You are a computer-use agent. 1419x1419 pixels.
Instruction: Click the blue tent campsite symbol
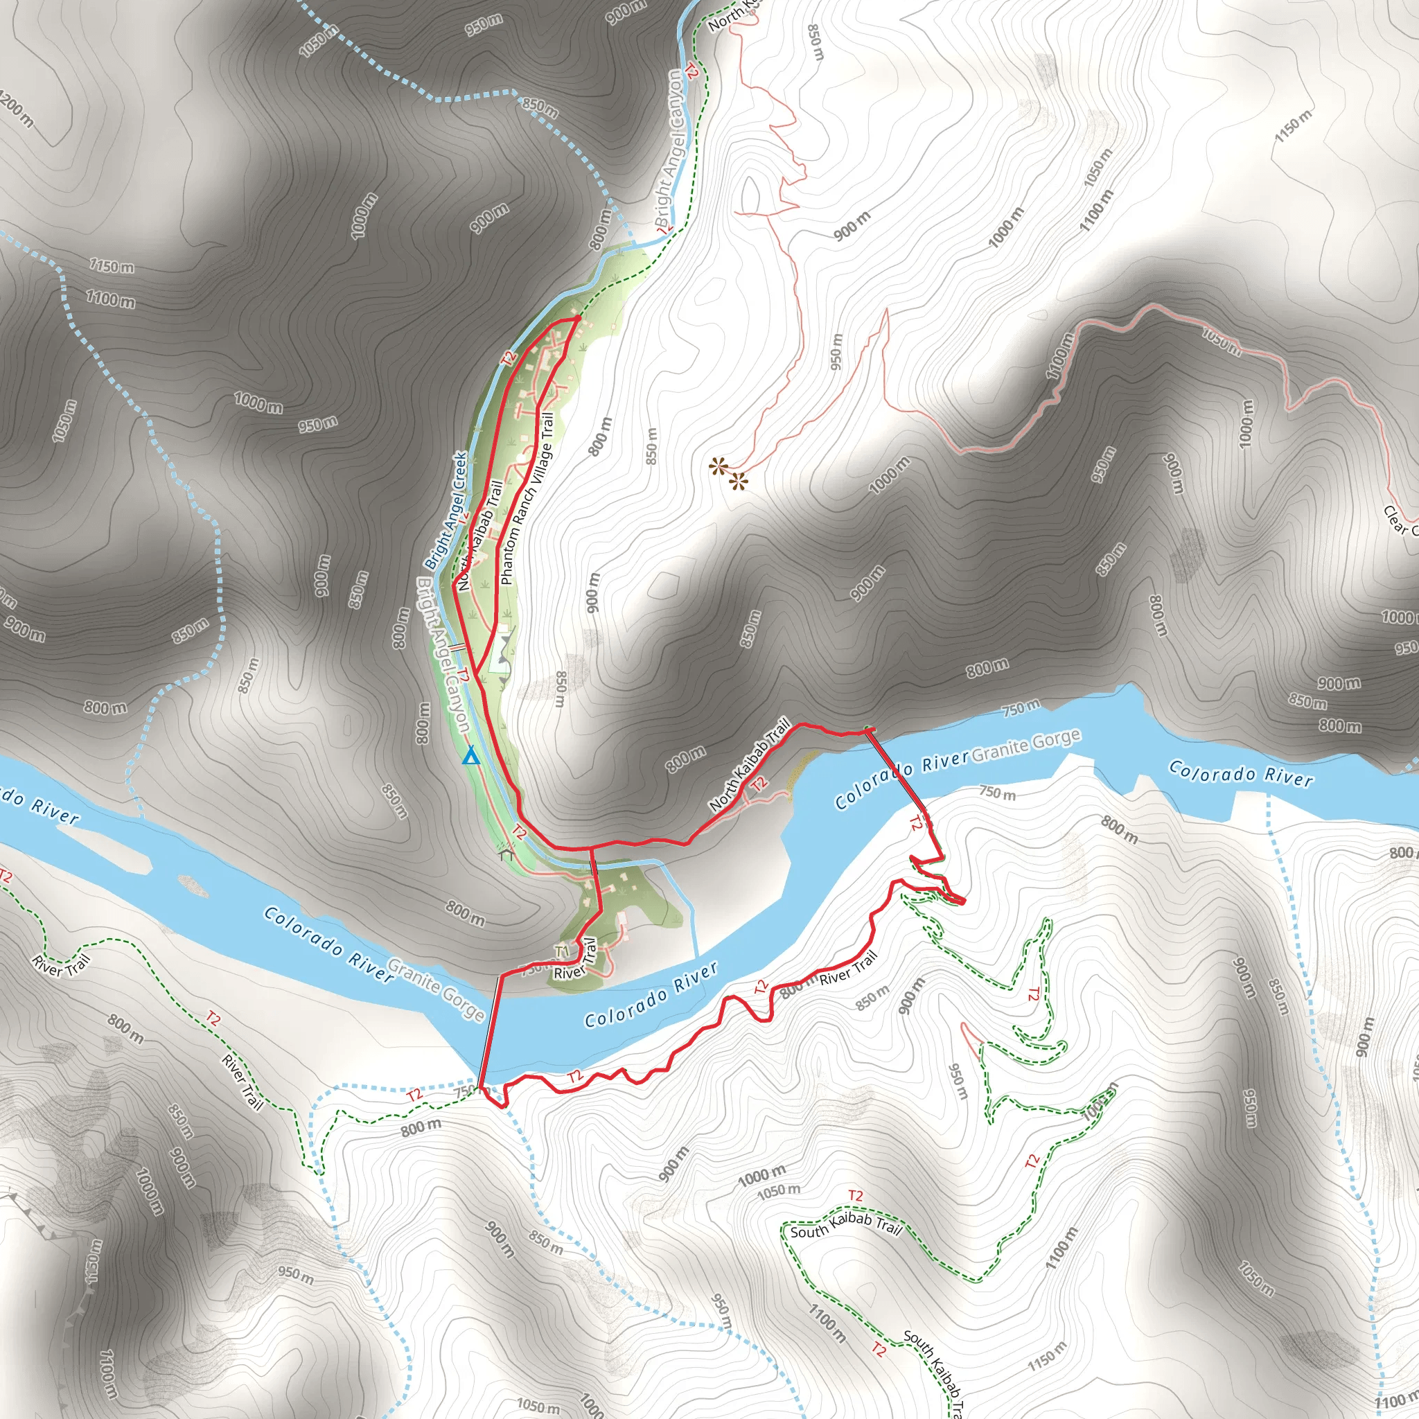click(x=470, y=756)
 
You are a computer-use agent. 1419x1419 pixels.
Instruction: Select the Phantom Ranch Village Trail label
click(x=527, y=499)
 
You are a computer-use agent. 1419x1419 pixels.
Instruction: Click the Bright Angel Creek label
click(x=445, y=511)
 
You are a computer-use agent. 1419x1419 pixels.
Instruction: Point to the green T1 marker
click(x=562, y=952)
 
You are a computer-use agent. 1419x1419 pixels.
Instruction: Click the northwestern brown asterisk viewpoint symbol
click(x=718, y=466)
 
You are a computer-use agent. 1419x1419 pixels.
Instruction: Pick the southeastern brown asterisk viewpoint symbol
click(x=738, y=482)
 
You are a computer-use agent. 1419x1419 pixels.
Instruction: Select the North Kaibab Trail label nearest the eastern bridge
click(x=749, y=765)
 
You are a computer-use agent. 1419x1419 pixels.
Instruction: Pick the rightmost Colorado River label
click(x=1240, y=774)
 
